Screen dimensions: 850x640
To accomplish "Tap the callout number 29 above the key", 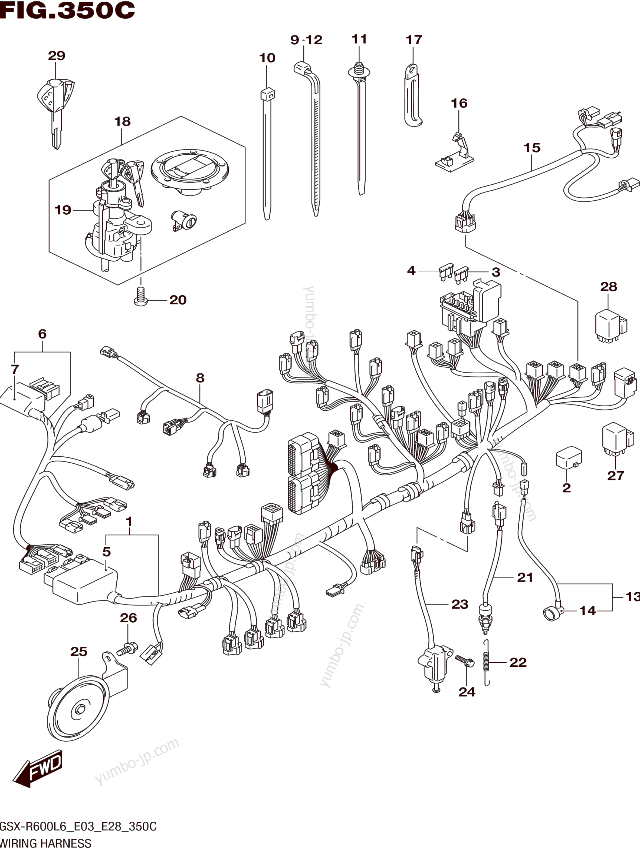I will tap(57, 56).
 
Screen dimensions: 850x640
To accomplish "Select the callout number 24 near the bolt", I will tap(467, 692).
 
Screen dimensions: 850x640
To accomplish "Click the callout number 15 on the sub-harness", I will tap(532, 148).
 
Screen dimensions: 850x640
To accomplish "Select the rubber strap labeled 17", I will tap(413, 96).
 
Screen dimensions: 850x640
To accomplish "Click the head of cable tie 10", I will tap(268, 94).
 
